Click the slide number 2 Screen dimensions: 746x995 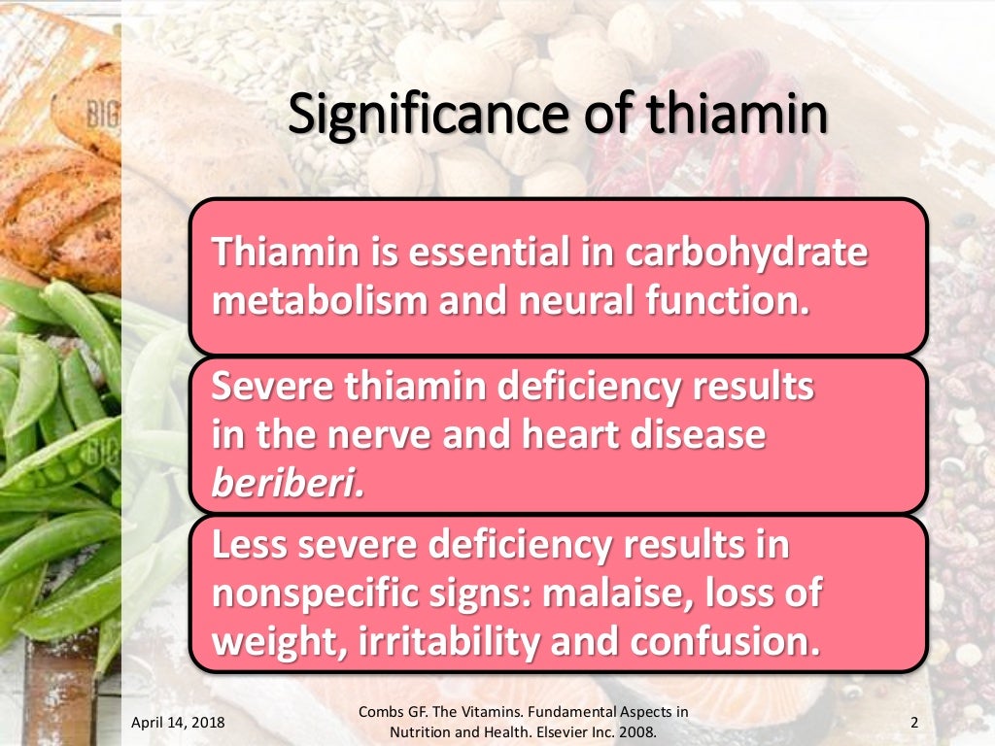point(914,722)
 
